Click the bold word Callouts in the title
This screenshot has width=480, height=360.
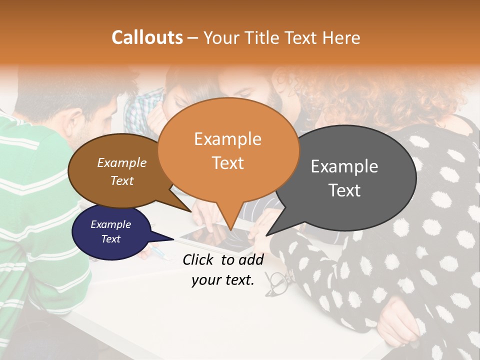coord(147,37)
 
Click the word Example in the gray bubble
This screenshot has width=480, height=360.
coord(344,166)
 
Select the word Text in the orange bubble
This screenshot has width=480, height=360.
coord(228,163)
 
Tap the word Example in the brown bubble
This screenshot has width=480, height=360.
coord(121,162)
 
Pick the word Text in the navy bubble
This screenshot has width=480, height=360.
coord(110,239)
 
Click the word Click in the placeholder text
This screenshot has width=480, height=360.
coord(199,259)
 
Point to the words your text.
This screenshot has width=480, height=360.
coord(223,280)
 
